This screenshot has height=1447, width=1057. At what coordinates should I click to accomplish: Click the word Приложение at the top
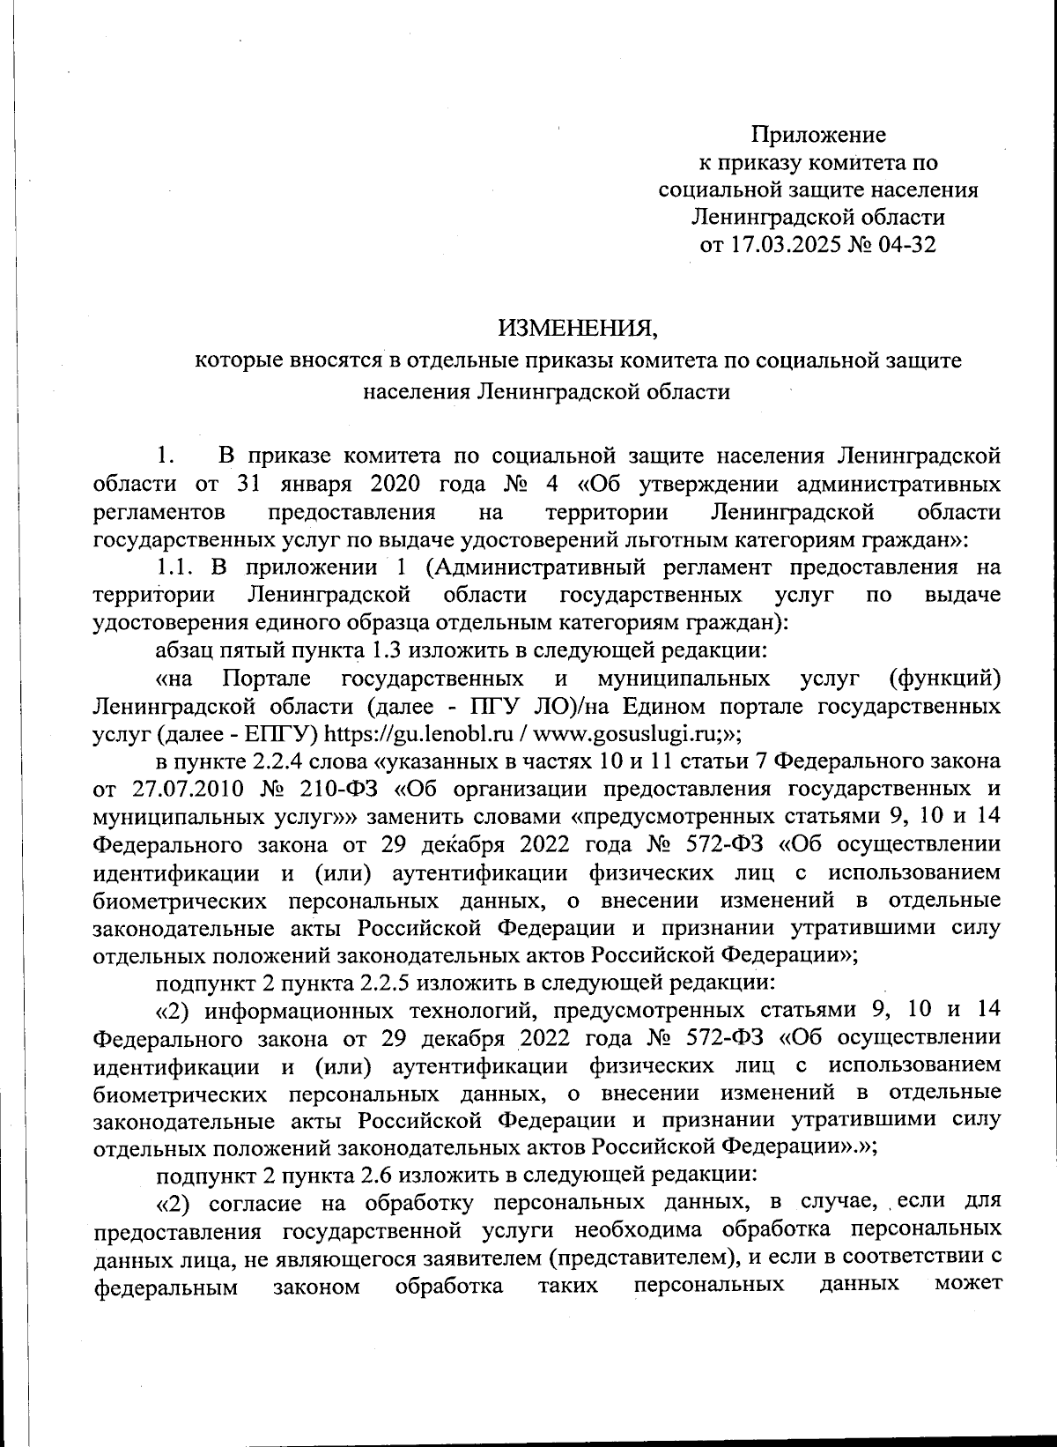[818, 135]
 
